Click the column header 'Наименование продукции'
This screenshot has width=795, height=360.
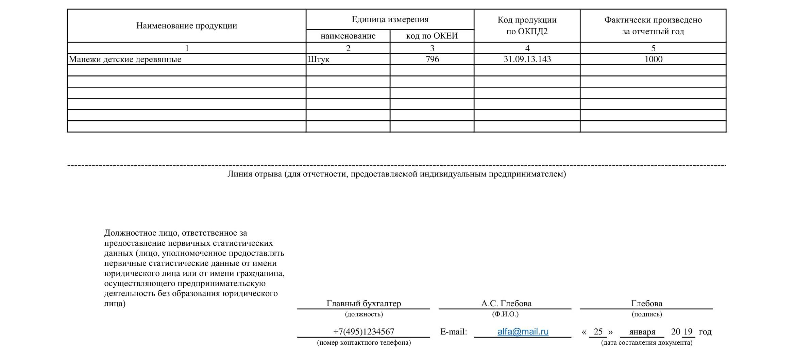187,26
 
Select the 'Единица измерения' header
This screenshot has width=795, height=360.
390,19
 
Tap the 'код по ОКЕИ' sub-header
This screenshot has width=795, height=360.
432,36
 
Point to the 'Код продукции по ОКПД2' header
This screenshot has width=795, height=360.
527,25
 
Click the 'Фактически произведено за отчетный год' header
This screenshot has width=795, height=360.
653,25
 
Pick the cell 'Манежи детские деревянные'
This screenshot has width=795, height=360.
125,59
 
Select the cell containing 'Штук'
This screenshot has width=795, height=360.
319,59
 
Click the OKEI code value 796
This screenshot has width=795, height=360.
432,59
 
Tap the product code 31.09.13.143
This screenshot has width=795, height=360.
527,59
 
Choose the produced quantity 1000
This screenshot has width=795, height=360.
653,59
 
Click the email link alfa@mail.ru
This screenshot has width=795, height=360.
523,331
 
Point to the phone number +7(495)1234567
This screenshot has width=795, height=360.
363,331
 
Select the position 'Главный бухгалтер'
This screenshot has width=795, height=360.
363,303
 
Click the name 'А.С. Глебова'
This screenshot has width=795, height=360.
506,303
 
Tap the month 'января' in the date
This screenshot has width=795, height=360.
642,332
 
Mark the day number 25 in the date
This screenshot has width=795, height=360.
598,331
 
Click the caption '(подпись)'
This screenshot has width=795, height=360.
646,314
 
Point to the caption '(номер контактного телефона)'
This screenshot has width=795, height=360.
363,342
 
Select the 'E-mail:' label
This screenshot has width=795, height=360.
453,332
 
